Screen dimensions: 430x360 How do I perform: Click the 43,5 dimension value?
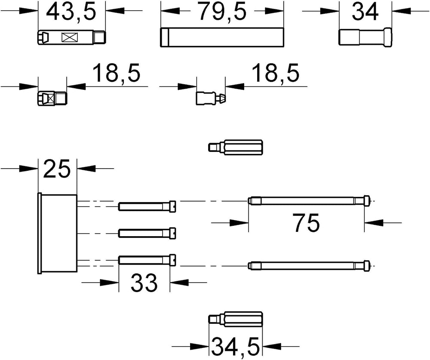pyautogui.click(x=71, y=12)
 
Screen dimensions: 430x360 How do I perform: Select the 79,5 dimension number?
pyautogui.click(x=222, y=12)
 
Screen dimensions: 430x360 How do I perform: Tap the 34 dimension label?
pyautogui.click(x=365, y=12)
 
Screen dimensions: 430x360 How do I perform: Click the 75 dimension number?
pyautogui.click(x=307, y=222)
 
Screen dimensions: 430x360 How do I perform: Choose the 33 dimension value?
pyautogui.click(x=144, y=283)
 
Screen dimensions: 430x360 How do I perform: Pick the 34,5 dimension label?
pyautogui.click(x=236, y=346)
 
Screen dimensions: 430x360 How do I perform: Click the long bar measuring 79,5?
pyautogui.click(x=221, y=37)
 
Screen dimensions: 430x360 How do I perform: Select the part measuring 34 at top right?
pyautogui.click(x=365, y=37)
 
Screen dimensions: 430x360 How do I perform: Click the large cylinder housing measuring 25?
pyautogui.click(x=57, y=234)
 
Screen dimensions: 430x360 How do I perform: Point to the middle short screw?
pyautogui.click(x=147, y=234)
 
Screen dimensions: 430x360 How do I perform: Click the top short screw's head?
pyautogui.click(x=172, y=206)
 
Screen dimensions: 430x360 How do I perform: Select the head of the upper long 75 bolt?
pyautogui.click(x=367, y=200)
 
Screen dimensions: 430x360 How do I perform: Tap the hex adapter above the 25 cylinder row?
pyautogui.click(x=236, y=148)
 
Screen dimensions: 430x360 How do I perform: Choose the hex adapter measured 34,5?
pyautogui.click(x=236, y=320)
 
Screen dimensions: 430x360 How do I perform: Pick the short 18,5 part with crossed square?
pyautogui.click(x=52, y=98)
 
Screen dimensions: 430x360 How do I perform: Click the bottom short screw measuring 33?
pyautogui.click(x=147, y=260)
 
